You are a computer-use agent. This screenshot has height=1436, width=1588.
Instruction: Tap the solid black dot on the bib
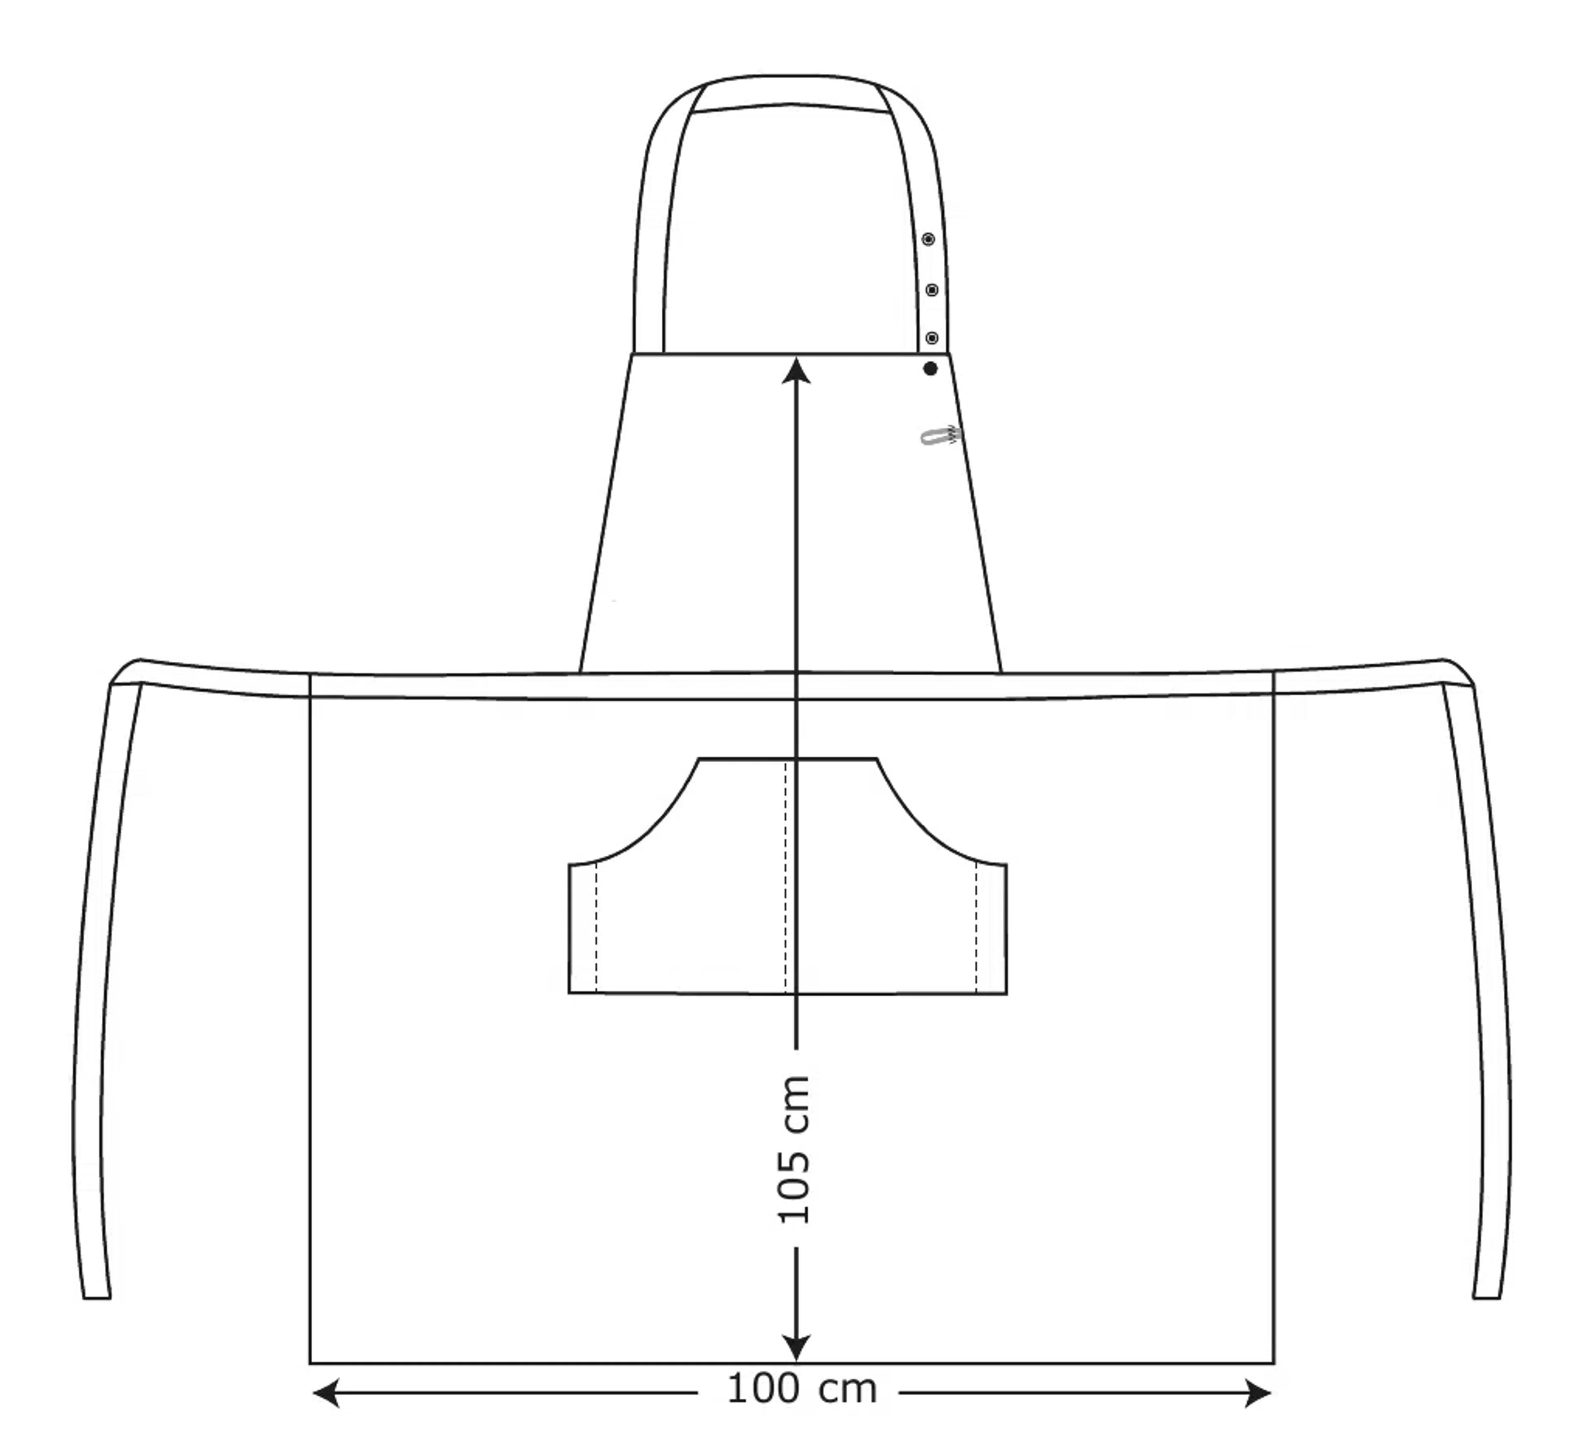pyautogui.click(x=930, y=368)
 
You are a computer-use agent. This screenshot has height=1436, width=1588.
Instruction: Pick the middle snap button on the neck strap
pyautogui.click(x=931, y=290)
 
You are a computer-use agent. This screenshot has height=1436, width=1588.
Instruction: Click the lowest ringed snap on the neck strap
pyautogui.click(x=932, y=338)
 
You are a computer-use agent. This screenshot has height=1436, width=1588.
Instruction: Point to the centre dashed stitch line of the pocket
pyautogui.click(x=785, y=874)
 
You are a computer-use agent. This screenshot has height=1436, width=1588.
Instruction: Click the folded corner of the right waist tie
pyautogui.click(x=1459, y=672)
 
